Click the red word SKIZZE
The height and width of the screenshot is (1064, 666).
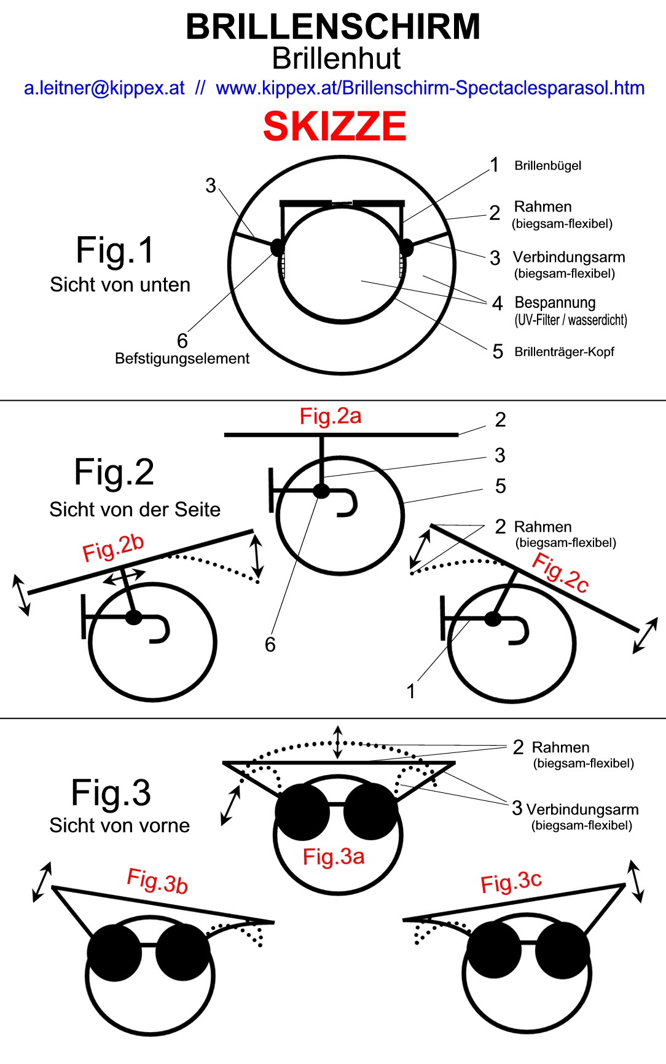click(x=334, y=127)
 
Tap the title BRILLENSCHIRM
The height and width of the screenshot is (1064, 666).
click(x=333, y=27)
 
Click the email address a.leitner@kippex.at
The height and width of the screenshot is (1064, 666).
click(x=104, y=88)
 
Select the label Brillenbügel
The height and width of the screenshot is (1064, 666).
click(x=547, y=165)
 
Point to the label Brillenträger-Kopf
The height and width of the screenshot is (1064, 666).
click(x=564, y=352)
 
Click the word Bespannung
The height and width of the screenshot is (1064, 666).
click(x=555, y=302)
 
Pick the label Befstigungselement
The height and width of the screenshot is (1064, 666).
click(x=182, y=358)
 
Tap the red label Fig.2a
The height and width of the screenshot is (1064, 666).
click(x=331, y=416)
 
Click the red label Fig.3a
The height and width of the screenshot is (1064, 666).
click(x=334, y=856)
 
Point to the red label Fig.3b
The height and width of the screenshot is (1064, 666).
click(x=157, y=881)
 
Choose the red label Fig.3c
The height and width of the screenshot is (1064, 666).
click(x=511, y=882)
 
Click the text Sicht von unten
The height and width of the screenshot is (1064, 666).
click(x=120, y=285)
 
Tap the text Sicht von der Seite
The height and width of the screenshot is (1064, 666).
click(x=135, y=510)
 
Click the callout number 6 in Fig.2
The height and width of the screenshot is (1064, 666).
click(x=270, y=644)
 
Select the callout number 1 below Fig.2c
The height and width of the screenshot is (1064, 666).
click(x=411, y=692)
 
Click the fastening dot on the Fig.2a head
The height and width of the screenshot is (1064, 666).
click(x=321, y=491)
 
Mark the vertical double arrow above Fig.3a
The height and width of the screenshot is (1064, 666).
click(x=337, y=742)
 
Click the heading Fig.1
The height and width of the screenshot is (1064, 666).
click(x=114, y=250)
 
